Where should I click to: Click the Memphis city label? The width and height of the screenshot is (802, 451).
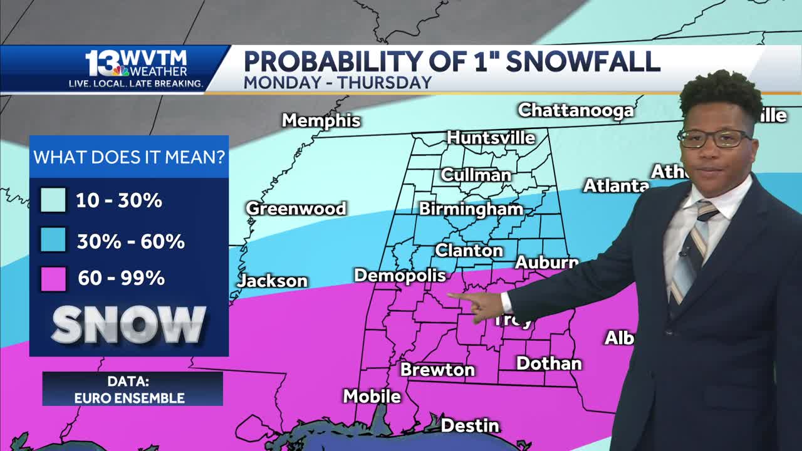click(321, 120)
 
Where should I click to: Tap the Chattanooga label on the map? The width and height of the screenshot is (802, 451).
click(575, 110)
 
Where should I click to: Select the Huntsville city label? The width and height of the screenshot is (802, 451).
click(491, 137)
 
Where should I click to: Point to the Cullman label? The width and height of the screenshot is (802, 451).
click(476, 175)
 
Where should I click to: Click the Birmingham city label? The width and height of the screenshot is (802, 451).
click(471, 209)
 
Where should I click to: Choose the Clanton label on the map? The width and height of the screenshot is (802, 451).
click(469, 251)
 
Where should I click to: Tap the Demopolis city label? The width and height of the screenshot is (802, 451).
click(400, 275)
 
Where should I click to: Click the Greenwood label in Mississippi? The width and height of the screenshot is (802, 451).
click(296, 209)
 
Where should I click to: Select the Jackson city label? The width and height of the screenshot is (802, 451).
click(273, 281)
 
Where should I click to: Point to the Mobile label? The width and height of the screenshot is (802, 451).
click(372, 396)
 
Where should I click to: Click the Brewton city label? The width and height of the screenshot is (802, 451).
click(437, 370)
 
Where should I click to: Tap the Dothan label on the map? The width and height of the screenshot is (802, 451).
click(549, 363)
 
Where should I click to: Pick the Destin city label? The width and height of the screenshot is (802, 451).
click(470, 426)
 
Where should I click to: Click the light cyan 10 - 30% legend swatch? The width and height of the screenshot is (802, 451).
click(53, 200)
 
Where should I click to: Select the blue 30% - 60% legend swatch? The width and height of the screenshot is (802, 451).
click(53, 241)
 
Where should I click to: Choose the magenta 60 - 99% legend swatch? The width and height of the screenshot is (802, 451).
click(53, 278)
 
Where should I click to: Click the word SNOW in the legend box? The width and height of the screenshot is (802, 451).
click(128, 324)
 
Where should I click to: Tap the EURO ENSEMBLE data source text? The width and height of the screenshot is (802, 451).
click(129, 398)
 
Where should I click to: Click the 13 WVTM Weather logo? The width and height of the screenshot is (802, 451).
click(136, 68)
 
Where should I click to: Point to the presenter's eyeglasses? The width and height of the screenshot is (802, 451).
click(714, 138)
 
